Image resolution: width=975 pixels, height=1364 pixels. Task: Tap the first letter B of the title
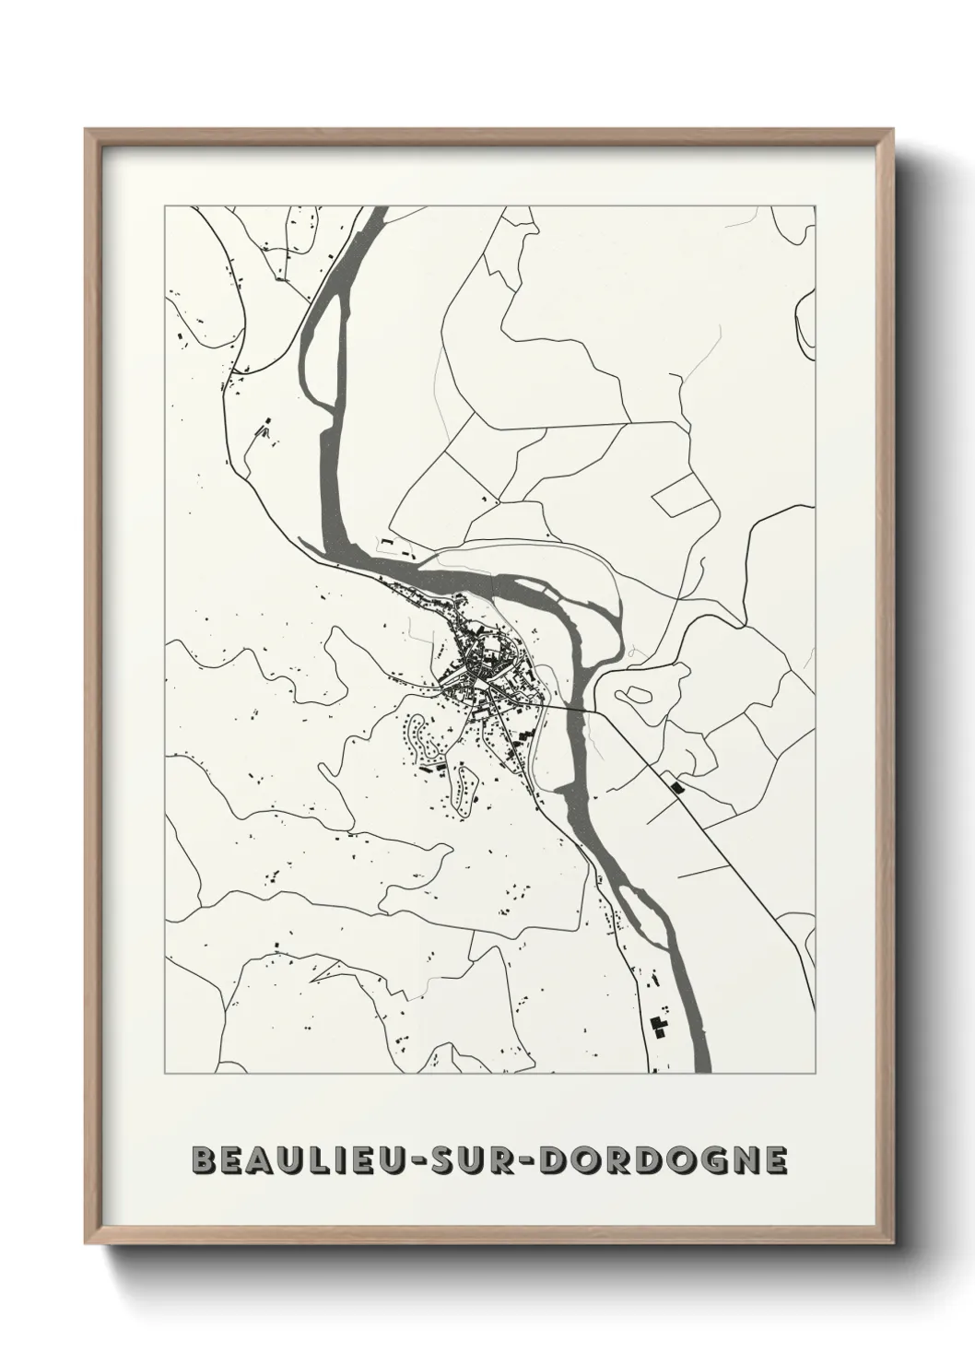coord(202,1160)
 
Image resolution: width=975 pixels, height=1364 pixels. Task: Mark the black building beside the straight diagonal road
coord(679,787)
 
